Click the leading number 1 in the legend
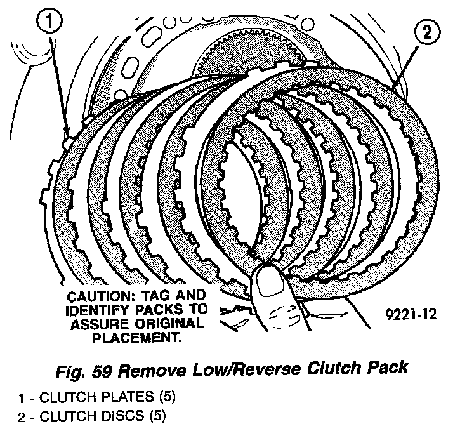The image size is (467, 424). tap(21, 399)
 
